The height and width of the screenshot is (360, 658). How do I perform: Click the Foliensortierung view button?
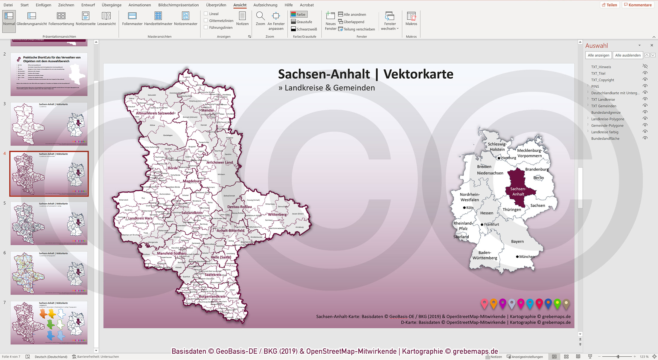click(x=61, y=19)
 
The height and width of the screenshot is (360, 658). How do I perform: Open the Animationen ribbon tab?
click(x=139, y=5)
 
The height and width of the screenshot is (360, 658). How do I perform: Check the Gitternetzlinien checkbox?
click(x=206, y=20)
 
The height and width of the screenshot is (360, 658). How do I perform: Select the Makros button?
click(x=411, y=19)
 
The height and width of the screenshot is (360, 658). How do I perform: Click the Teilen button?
click(x=609, y=5)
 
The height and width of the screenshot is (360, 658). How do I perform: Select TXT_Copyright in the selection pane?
click(x=602, y=80)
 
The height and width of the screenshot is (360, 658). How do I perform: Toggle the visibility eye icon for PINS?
click(x=645, y=86)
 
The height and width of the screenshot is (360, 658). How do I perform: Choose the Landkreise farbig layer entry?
click(x=604, y=132)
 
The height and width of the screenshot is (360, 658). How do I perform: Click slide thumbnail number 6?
click(x=49, y=273)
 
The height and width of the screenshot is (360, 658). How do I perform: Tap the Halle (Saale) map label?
click(x=221, y=257)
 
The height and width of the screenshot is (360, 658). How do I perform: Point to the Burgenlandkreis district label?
click(x=212, y=296)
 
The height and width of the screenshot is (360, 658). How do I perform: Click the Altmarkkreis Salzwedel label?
click(x=155, y=113)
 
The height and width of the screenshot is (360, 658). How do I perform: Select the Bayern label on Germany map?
click(x=517, y=241)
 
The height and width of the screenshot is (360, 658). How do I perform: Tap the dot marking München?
click(x=517, y=257)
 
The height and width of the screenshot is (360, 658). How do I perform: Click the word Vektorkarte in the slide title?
click(x=418, y=74)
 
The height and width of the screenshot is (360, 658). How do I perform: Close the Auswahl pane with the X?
click(x=651, y=45)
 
